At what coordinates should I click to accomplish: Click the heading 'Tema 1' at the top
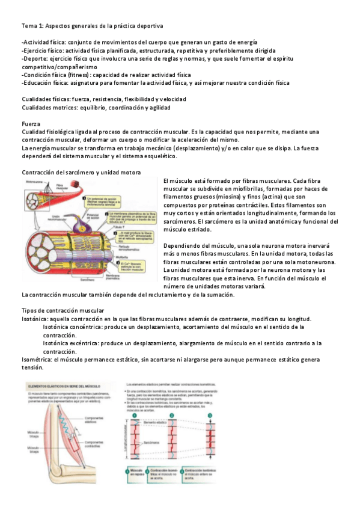tap(34, 27)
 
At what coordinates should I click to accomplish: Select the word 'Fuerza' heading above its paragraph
tap(31, 123)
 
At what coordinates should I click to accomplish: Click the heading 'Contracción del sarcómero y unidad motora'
tap(81, 173)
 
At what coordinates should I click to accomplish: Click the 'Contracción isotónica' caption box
tap(201, 473)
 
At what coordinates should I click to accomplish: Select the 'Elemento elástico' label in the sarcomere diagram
tap(158, 423)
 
